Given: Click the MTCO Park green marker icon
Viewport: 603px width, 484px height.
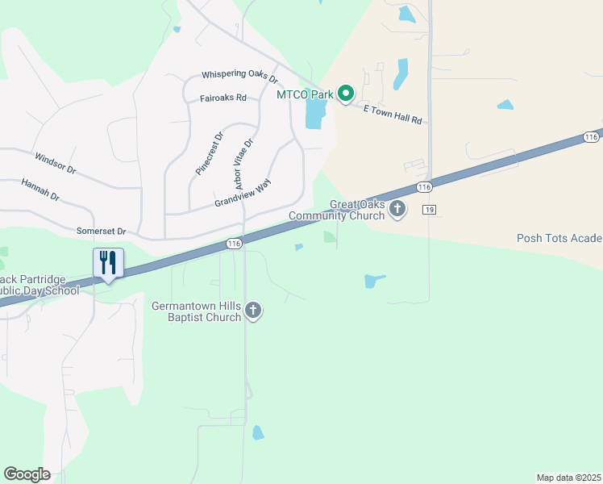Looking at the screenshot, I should (x=346, y=95).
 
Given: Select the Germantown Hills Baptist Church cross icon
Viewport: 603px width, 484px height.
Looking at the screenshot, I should (x=253, y=311).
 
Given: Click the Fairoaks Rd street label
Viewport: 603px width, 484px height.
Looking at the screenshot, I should (x=222, y=98).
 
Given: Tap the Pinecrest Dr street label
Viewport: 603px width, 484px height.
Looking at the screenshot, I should (x=207, y=154).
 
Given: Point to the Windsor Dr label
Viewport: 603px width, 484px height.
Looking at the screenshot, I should (x=55, y=164).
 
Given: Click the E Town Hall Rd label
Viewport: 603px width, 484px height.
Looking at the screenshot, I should (x=393, y=114).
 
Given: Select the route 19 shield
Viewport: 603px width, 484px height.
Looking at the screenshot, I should (x=429, y=210).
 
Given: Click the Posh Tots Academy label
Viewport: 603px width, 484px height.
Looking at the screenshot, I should (x=559, y=238).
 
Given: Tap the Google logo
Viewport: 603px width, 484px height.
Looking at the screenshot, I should (x=27, y=474).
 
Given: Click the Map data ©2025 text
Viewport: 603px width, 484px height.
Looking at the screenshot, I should (x=568, y=478).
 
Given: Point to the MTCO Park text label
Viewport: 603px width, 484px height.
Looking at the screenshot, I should (x=305, y=95).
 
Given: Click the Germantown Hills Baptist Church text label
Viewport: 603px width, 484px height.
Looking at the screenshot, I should (x=197, y=311).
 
